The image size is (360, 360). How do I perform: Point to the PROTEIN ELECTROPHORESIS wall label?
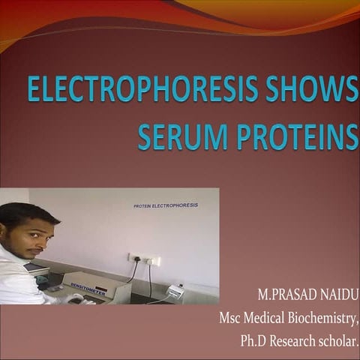(x=166, y=205)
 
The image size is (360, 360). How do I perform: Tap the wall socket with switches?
(x=145, y=259)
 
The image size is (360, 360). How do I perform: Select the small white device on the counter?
(x=174, y=290)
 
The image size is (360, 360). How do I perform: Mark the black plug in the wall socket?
(x=136, y=259)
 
